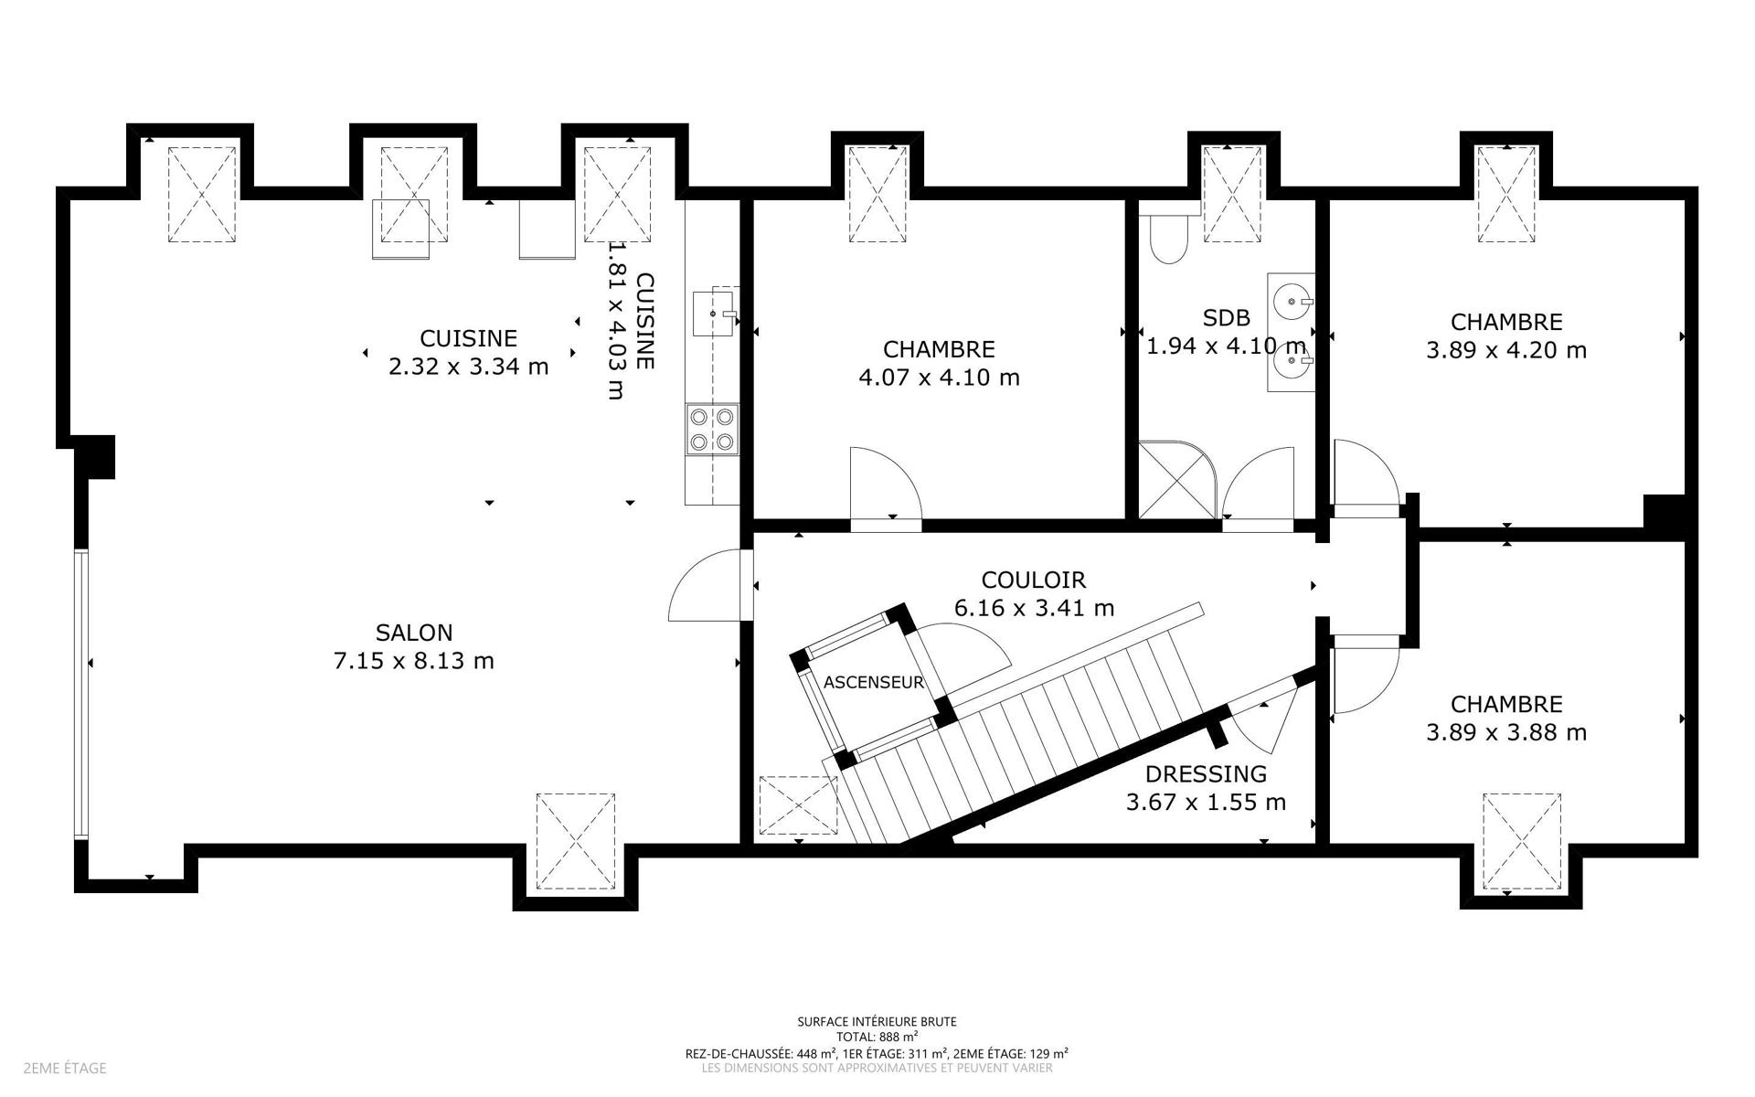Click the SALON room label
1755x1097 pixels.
tap(414, 633)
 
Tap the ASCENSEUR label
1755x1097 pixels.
tap(874, 682)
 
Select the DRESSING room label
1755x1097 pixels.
tap(1206, 774)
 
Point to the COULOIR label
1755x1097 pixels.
tap(1034, 580)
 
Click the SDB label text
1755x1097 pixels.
tap(1226, 318)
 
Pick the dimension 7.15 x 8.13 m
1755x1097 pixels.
tap(414, 661)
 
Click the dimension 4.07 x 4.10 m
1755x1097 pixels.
tap(940, 378)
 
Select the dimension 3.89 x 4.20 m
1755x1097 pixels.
tap(1506, 350)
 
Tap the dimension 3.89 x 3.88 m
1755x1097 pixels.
tap(1506, 732)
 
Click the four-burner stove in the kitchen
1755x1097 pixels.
tap(712, 430)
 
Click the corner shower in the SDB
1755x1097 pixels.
tap(1177, 481)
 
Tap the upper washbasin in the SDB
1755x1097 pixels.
tap(1291, 299)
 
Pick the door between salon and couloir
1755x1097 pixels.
tap(710, 585)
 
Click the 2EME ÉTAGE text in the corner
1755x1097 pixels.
tap(65, 1068)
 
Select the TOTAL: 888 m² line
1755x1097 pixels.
tap(877, 1037)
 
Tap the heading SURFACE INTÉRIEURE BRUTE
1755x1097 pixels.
tap(877, 1022)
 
